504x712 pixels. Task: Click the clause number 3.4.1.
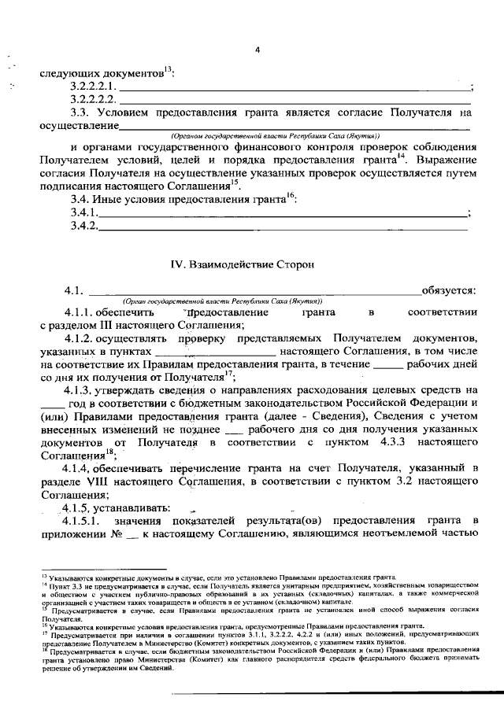click(83, 213)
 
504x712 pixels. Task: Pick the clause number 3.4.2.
click(83, 227)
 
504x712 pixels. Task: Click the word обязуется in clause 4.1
click(448, 292)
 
